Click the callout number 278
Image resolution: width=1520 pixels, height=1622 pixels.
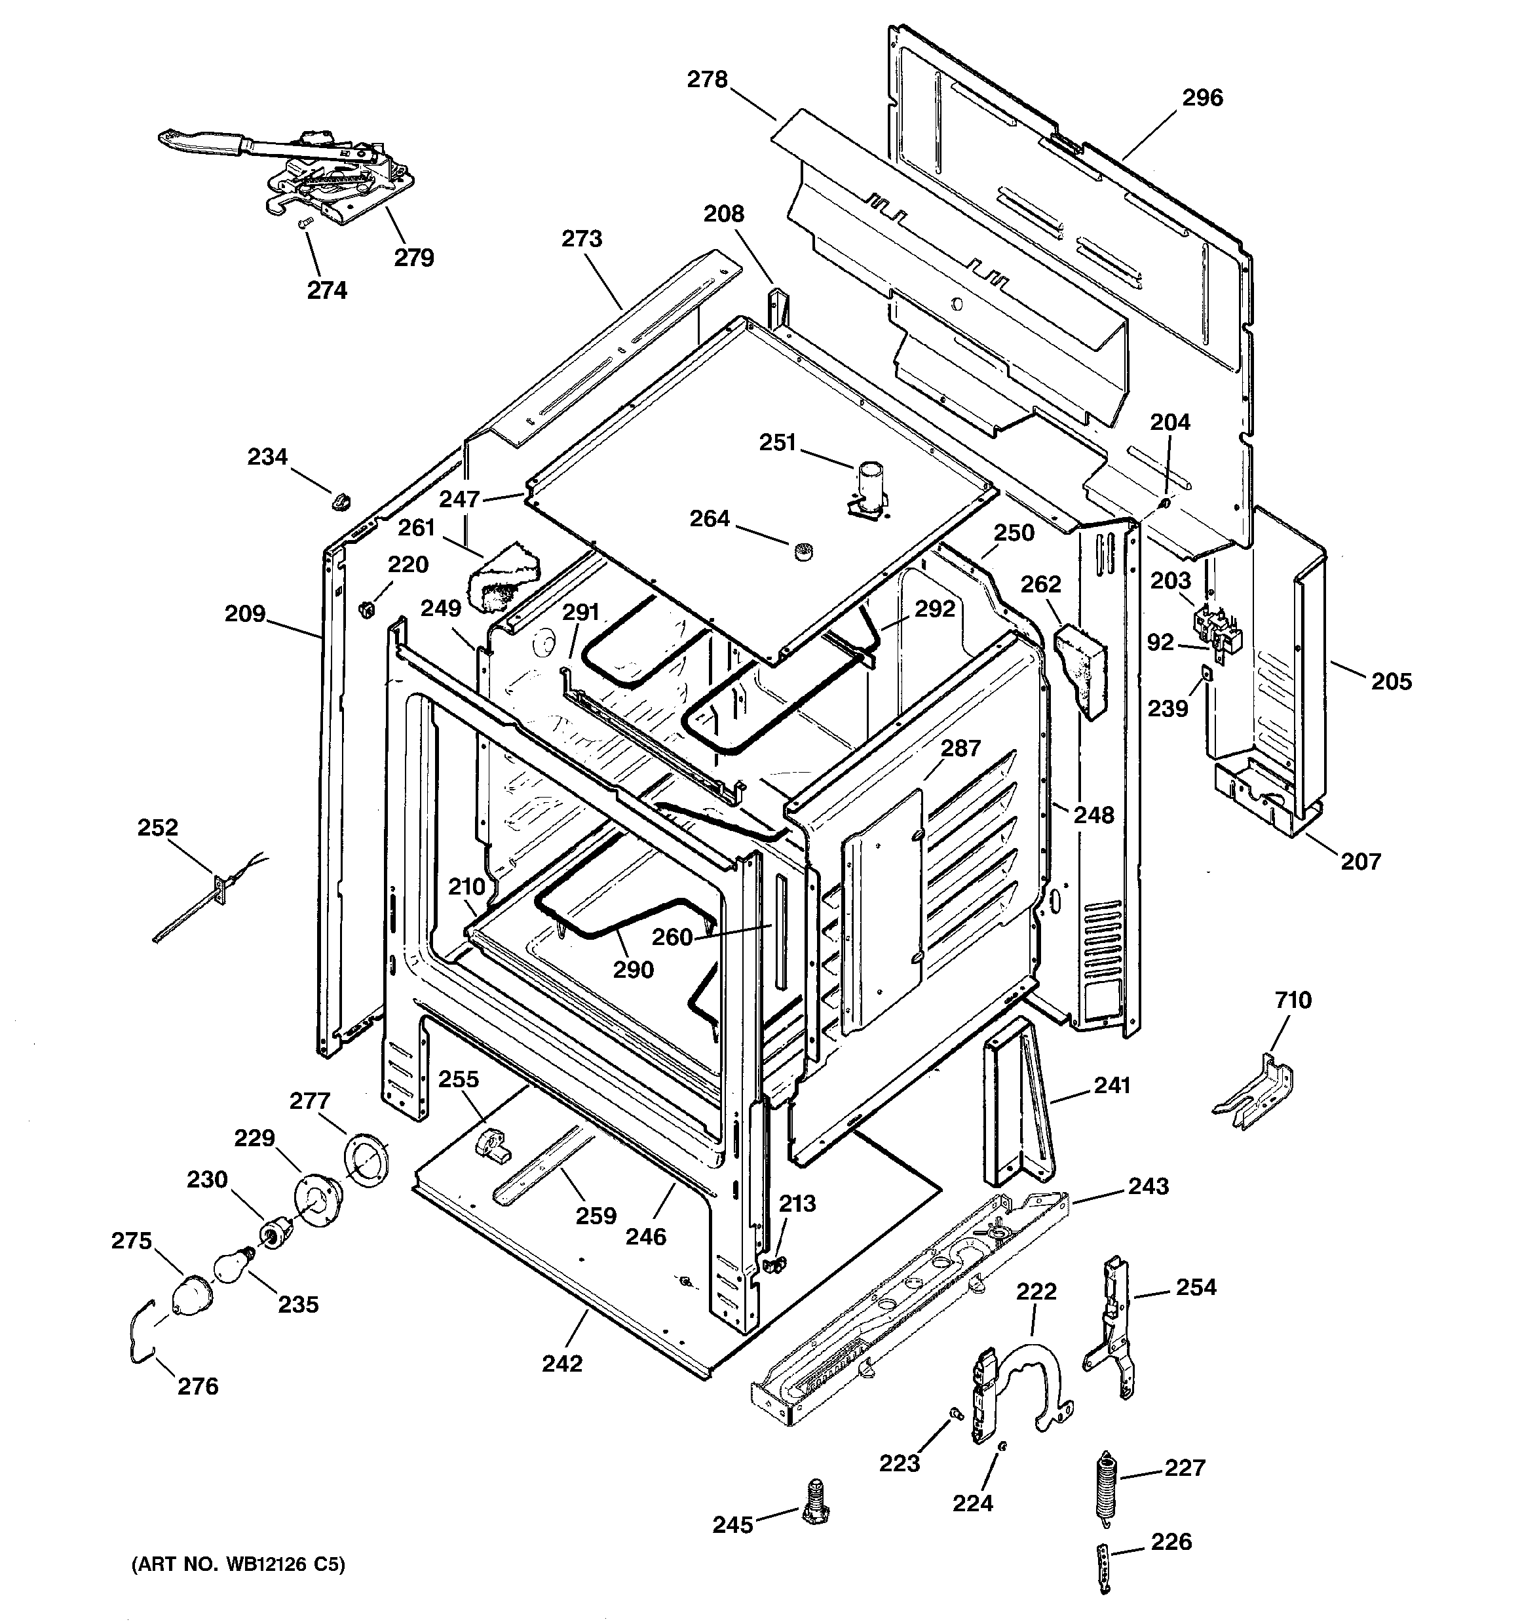point(706,80)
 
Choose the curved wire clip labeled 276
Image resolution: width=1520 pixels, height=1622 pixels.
point(139,1336)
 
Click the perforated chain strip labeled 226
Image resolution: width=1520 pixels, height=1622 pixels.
point(1103,1572)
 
